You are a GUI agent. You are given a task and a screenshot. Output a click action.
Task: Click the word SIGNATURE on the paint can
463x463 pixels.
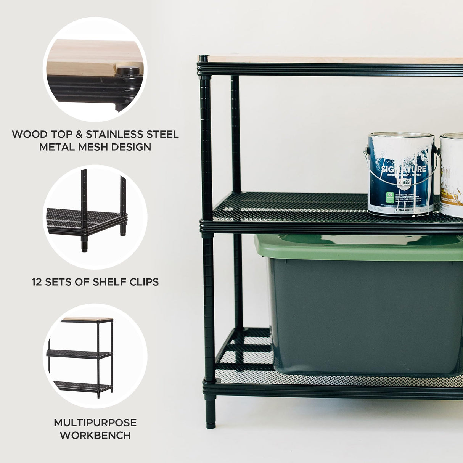pyautogui.click(x=404, y=169)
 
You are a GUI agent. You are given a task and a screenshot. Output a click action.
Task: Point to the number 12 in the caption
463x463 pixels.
pyautogui.click(x=37, y=282)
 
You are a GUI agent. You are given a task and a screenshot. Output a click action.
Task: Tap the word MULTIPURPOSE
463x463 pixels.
pyautogui.click(x=95, y=423)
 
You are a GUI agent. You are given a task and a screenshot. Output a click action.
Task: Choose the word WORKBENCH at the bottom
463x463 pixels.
pyautogui.click(x=95, y=435)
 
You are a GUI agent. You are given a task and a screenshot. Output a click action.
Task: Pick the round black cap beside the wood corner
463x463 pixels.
pyautogui.click(x=128, y=71)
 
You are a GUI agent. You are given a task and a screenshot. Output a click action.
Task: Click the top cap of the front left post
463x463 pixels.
pyautogui.click(x=204, y=58)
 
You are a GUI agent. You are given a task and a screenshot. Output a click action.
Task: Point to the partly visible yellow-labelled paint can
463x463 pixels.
pyautogui.click(x=452, y=175)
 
